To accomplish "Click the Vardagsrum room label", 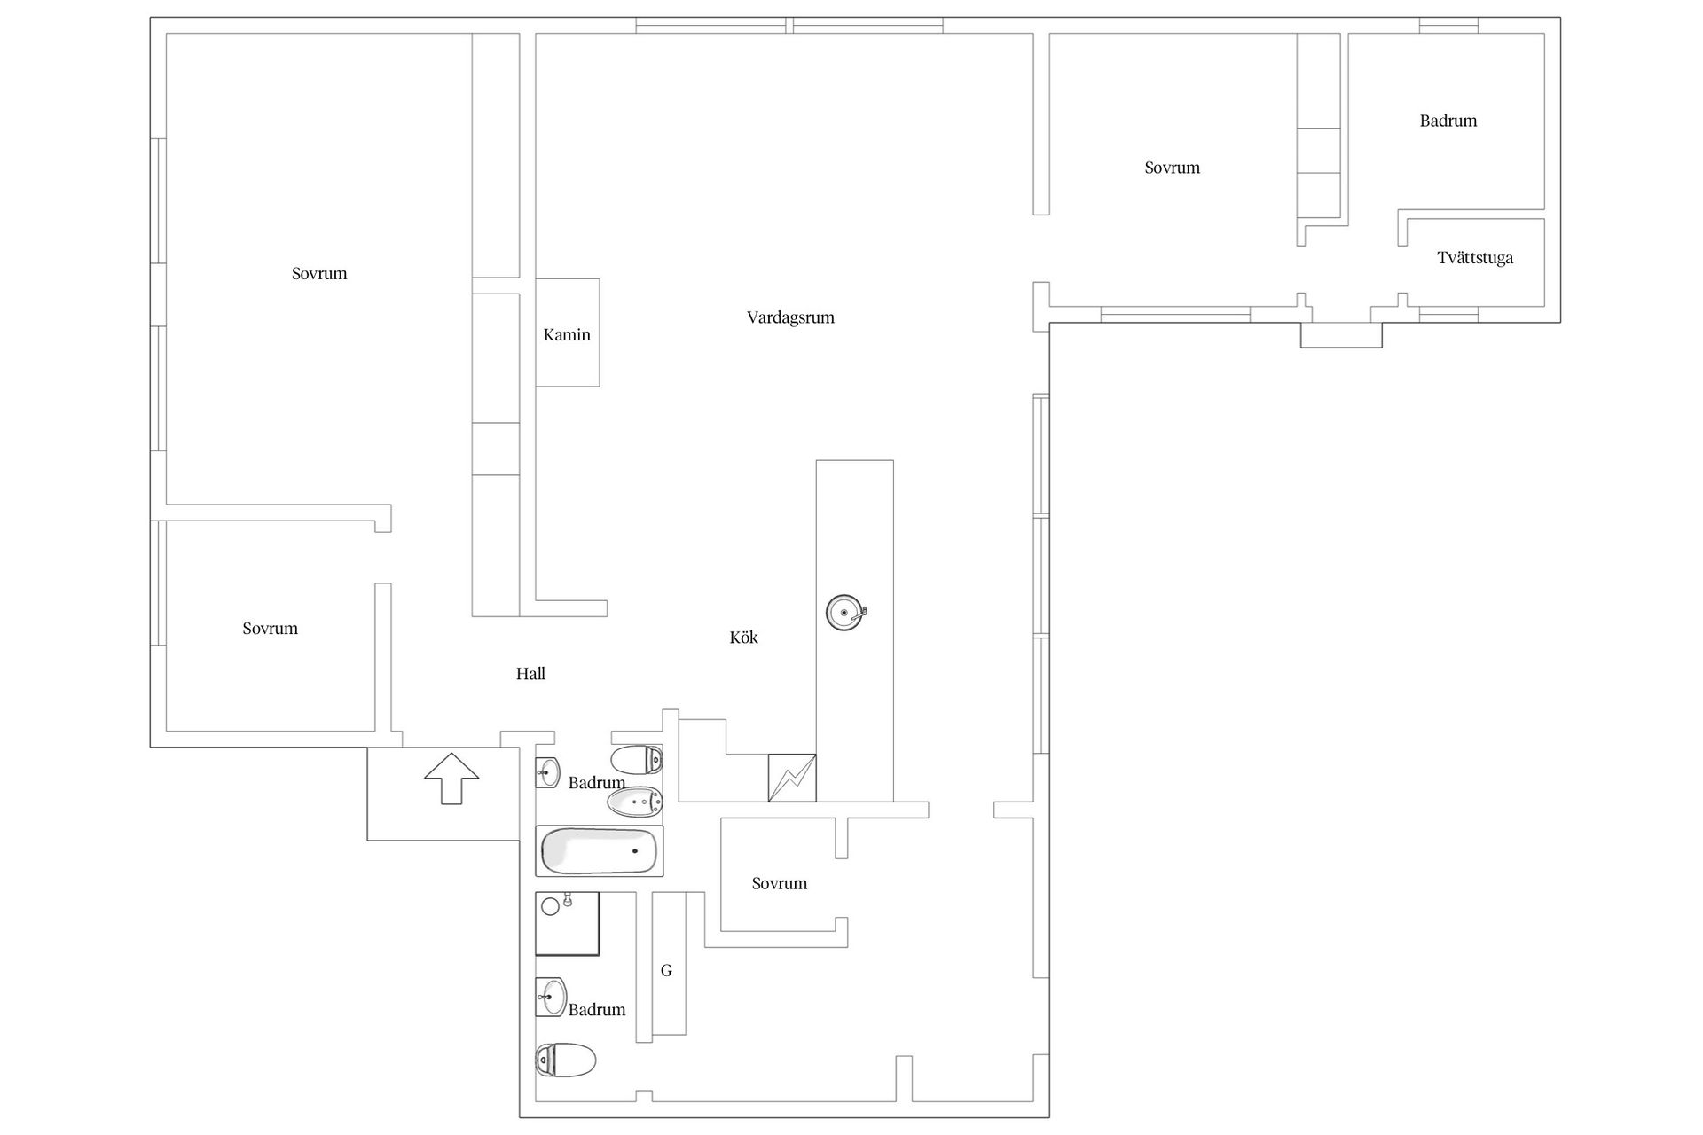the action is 790,317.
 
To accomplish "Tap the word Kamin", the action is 567,334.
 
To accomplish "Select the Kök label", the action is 743,637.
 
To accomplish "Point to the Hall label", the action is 530,674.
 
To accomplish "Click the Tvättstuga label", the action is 1475,258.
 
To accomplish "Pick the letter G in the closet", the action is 666,970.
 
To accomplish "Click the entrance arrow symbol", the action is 451,779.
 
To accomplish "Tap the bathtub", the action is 600,851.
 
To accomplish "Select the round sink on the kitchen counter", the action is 846,612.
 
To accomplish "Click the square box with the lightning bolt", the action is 792,778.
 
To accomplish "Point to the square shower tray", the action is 568,924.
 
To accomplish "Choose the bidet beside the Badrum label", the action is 635,802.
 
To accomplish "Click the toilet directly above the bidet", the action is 637,760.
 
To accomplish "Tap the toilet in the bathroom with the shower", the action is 566,1060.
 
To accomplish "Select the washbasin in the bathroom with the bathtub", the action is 548,772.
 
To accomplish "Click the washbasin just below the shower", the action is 551,997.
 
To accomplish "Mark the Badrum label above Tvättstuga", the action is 1448,121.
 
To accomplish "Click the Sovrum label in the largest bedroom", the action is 319,273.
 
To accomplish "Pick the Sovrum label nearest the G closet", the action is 780,883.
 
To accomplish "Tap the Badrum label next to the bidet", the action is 597,783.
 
